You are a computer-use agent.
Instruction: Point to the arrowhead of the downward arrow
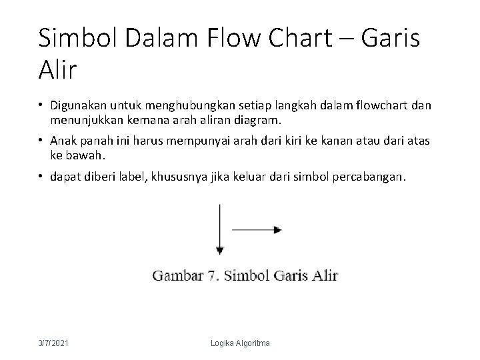(x=219, y=251)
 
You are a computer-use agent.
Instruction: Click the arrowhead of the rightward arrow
(x=277, y=230)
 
